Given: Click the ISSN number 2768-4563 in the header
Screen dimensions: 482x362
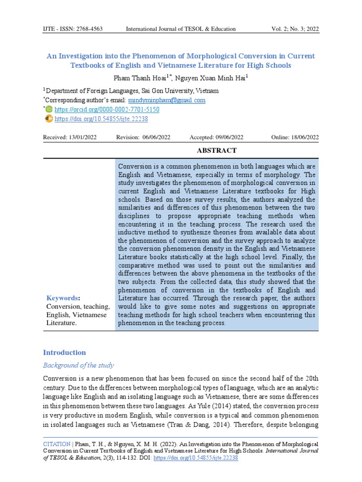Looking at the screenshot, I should [89, 29].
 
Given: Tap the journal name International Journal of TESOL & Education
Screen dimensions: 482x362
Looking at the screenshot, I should [181, 29].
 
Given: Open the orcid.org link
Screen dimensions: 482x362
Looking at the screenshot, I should [107, 110].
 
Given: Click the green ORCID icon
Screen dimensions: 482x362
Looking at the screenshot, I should [49, 109].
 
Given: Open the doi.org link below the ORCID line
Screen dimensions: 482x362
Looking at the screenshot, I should [101, 119].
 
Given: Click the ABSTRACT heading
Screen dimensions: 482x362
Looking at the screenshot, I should [216, 151].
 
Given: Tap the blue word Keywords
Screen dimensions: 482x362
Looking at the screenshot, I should [62, 298].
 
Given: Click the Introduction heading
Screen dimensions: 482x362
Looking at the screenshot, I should [65, 353].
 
